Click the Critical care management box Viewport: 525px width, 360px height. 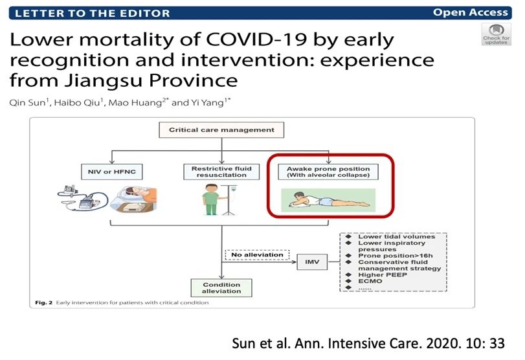pyautogui.click(x=221, y=130)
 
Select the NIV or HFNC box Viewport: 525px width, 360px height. pyautogui.click(x=112, y=172)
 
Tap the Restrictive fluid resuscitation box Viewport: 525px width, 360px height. pyautogui.click(x=221, y=172)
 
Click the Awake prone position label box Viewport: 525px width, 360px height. pyautogui.click(x=328, y=172)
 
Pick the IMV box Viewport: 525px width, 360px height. pyautogui.click(x=312, y=262)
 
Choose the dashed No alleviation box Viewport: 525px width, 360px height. pyautogui.click(x=257, y=255)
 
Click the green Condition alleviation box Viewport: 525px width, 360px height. pyautogui.click(x=221, y=287)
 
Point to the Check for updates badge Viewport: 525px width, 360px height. pyautogui.click(x=497, y=34)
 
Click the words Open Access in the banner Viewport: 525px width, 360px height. pyautogui.click(x=471, y=12)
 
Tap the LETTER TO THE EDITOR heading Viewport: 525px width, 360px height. pyautogui.click(x=93, y=14)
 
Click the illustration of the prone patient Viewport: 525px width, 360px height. pyautogui.click(x=328, y=200)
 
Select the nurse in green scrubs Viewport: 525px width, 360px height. pyautogui.click(x=211, y=199)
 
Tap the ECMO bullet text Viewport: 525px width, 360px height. pyautogui.click(x=370, y=281)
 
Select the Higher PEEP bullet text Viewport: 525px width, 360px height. pyautogui.click(x=383, y=275)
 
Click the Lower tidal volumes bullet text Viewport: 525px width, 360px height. pyautogui.click(x=396, y=236)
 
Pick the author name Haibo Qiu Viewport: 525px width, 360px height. pyautogui.click(x=77, y=102)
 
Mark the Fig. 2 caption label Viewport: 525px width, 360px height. pyautogui.click(x=43, y=303)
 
